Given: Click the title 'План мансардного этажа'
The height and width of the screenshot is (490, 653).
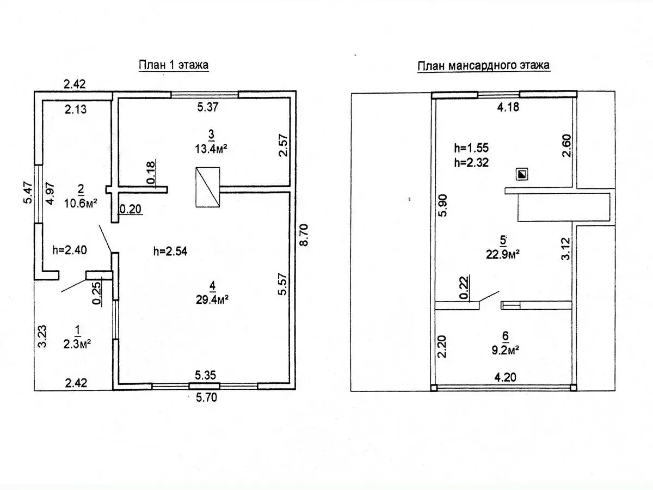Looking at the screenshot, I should (x=483, y=66).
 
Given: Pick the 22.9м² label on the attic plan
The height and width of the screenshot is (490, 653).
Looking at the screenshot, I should (x=502, y=253).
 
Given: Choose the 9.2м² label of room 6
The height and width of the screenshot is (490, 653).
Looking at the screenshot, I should (x=502, y=351).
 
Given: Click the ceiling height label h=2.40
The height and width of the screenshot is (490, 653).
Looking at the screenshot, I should (x=70, y=250).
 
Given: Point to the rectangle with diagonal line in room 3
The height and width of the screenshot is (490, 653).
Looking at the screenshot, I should (x=207, y=187).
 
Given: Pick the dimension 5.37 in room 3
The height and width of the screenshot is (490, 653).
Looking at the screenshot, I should (x=207, y=107).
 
